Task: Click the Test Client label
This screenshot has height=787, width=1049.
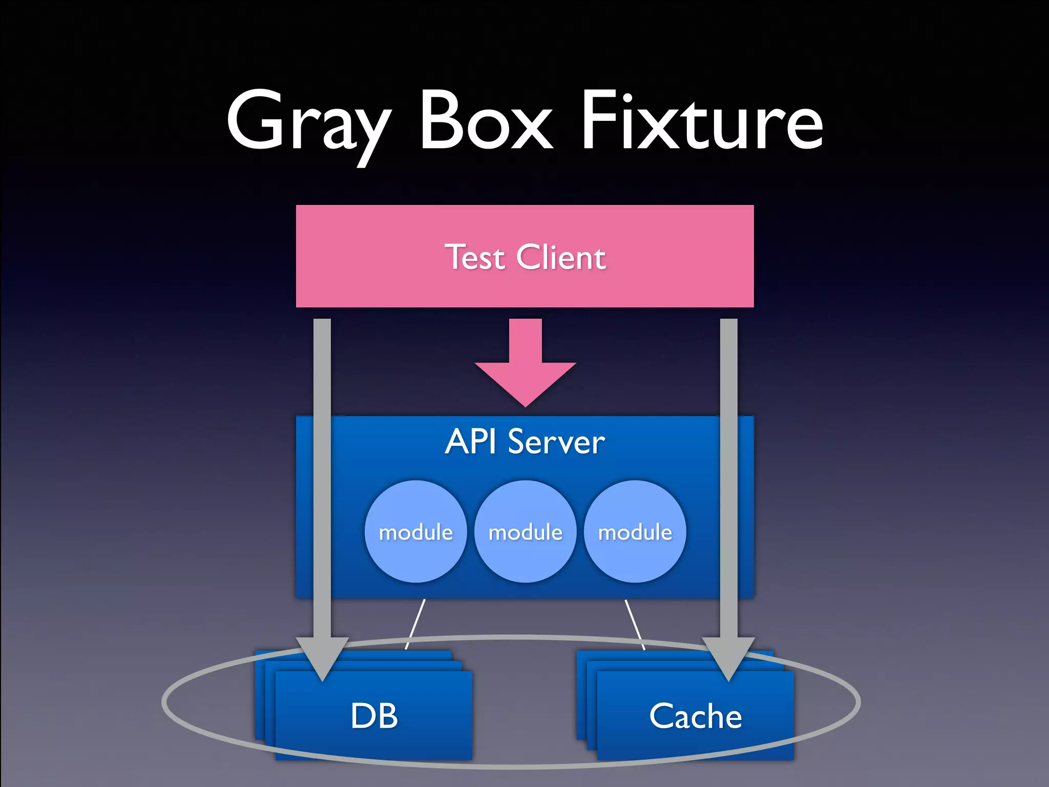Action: coord(525,257)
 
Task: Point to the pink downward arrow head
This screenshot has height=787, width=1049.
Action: coord(526,382)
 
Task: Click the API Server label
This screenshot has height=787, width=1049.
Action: coord(525,442)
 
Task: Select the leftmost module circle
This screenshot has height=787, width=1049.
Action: coord(416,532)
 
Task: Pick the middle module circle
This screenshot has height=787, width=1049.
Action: coord(526,532)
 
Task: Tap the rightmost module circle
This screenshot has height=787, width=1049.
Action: coord(635,532)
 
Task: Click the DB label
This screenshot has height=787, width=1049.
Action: coord(374,716)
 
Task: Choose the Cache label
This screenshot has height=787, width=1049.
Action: coord(696,716)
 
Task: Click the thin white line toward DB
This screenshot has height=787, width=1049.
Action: coord(415,624)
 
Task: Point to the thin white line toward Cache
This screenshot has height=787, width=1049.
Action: coord(635,624)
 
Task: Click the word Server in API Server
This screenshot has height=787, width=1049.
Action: coord(556,442)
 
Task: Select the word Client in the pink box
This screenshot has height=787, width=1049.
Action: coord(561,257)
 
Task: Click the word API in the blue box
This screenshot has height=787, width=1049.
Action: coord(470,442)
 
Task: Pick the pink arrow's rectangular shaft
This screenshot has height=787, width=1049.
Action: coord(526,341)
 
